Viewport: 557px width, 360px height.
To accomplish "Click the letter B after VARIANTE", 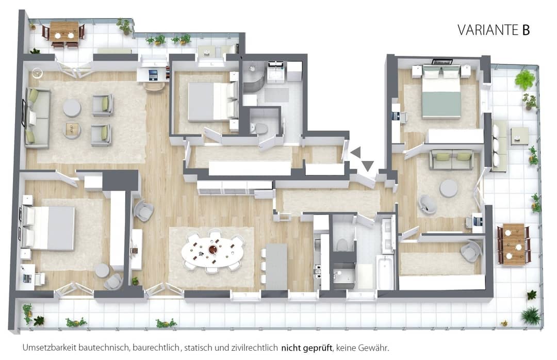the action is tap(526, 30).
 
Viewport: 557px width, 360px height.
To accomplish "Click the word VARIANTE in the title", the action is tap(489, 30).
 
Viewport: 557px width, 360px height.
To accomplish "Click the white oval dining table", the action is tap(212, 251).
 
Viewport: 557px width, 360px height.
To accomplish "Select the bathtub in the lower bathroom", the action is tap(385, 272).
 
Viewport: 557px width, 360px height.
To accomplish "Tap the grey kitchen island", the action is tap(276, 266).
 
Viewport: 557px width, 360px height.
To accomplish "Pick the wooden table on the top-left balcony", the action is tap(64, 31).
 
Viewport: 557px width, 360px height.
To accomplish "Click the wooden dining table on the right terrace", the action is tap(514, 244).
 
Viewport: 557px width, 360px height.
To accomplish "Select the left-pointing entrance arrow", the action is tap(355, 152).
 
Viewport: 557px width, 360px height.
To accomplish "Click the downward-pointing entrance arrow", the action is tap(368, 165).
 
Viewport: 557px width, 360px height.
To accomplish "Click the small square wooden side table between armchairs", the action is tap(73, 128).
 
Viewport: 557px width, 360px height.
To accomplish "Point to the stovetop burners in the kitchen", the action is tap(317, 271).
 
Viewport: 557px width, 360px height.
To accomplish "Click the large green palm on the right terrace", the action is tap(525, 79).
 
